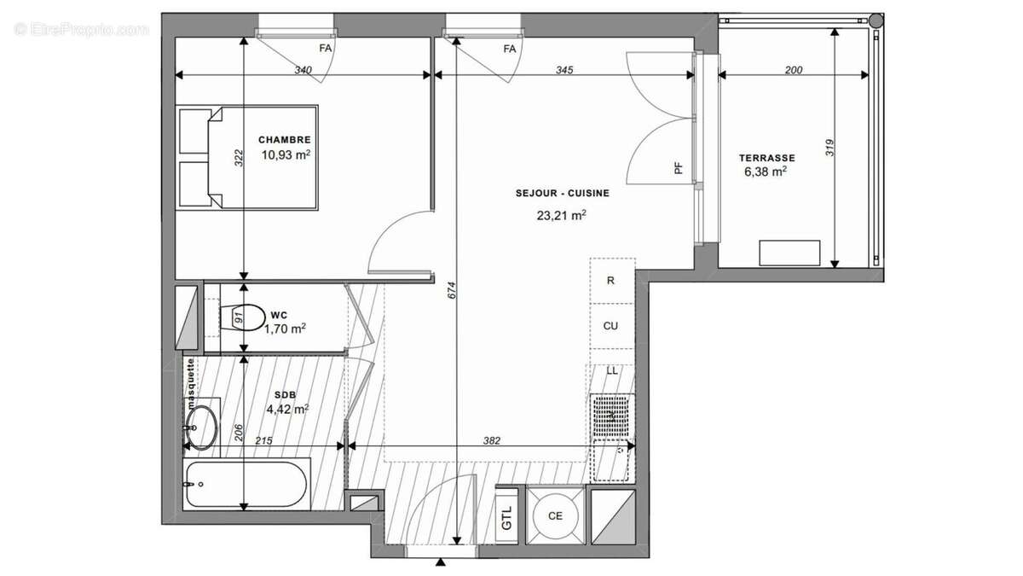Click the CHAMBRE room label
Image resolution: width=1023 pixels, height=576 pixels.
(285, 140)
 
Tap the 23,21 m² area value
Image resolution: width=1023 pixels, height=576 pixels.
(561, 216)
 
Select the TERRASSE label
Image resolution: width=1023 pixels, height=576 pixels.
(766, 158)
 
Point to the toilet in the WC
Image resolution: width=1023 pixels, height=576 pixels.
(246, 319)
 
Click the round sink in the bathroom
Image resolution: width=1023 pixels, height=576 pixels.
(202, 424)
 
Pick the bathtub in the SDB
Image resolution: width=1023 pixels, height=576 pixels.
(245, 484)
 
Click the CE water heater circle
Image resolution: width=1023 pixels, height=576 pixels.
(556, 515)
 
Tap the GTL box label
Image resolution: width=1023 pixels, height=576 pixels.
(507, 517)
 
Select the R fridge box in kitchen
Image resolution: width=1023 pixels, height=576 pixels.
(610, 280)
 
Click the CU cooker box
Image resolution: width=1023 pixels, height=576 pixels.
(610, 326)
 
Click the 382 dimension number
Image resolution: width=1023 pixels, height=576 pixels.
(492, 440)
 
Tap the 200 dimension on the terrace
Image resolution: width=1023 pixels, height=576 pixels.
(793, 70)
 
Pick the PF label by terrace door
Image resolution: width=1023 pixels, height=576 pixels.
(679, 169)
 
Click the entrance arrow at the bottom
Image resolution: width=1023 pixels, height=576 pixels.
(441, 562)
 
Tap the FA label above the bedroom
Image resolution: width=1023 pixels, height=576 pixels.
(325, 49)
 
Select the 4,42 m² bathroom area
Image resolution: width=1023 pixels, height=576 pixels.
(287, 409)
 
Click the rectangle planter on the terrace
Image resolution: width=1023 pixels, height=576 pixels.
(789, 253)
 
